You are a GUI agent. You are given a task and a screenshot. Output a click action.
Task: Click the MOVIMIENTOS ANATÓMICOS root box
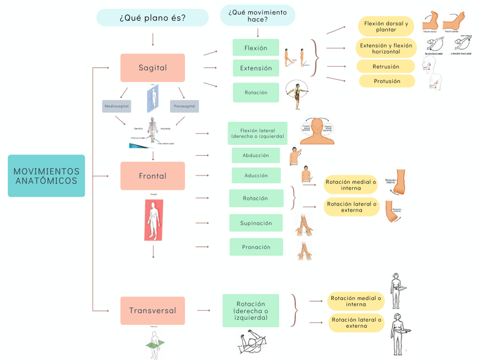(46, 175)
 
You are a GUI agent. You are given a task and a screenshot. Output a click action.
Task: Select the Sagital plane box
(152, 68)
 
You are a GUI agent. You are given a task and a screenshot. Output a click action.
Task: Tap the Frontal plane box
(152, 176)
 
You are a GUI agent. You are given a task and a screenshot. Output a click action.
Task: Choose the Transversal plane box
(152, 311)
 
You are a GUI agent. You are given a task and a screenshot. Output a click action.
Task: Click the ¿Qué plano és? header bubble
(152, 18)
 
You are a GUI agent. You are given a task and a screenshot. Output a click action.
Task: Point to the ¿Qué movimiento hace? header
(258, 16)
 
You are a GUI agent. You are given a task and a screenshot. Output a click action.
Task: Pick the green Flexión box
(256, 48)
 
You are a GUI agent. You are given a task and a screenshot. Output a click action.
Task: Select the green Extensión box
(256, 68)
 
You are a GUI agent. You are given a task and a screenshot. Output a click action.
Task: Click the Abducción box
(256, 156)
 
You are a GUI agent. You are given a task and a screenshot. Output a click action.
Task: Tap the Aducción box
(256, 175)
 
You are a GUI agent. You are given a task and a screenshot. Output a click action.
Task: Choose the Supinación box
(256, 223)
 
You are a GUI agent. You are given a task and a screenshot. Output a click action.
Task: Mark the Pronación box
(256, 247)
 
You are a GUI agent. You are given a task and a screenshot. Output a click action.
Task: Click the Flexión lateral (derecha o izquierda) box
(258, 134)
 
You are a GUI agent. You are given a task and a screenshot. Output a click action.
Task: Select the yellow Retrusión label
(386, 66)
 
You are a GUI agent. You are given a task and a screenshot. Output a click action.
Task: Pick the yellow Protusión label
(386, 82)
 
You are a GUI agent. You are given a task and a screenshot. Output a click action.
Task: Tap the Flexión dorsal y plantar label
(386, 27)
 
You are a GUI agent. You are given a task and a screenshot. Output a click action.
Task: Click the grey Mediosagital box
(117, 106)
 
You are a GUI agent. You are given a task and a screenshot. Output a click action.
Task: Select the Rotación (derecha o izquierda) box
(251, 311)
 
